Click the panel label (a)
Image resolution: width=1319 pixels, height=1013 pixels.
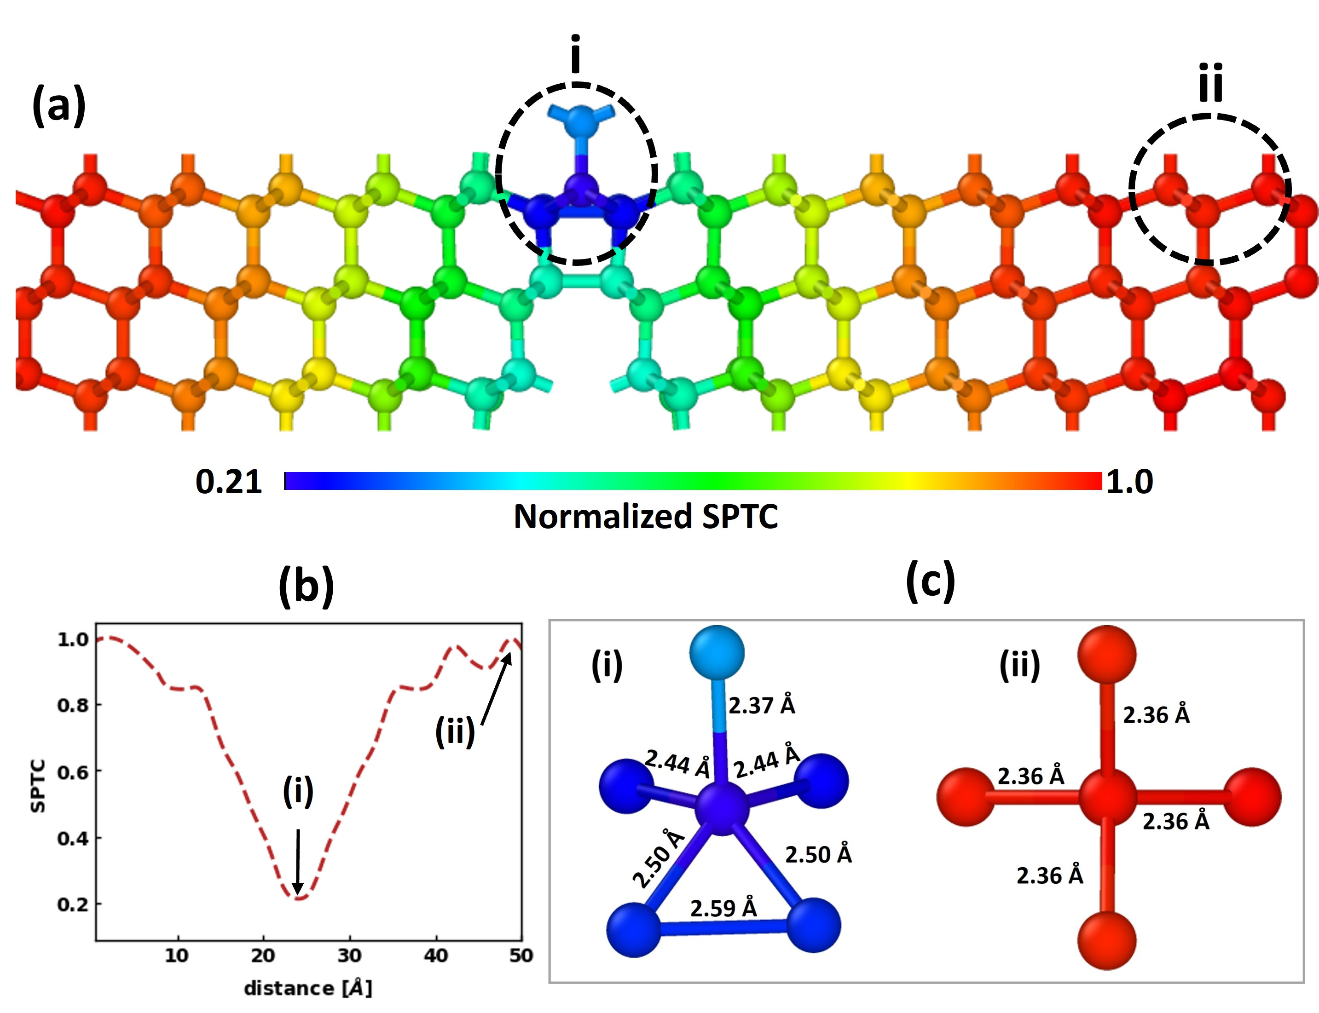(x=58, y=105)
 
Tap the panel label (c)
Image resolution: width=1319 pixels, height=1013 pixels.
(x=930, y=580)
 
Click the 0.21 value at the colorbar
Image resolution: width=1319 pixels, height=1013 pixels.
(x=229, y=482)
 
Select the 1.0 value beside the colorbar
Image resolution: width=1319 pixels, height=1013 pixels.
(x=1129, y=482)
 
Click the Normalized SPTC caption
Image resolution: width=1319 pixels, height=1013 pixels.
(x=645, y=517)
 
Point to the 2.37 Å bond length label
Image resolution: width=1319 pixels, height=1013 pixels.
(x=761, y=705)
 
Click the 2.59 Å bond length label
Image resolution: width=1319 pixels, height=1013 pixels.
(x=723, y=908)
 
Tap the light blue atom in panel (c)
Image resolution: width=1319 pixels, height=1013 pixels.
(x=717, y=652)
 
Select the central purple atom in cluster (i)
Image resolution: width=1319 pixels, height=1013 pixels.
(x=722, y=808)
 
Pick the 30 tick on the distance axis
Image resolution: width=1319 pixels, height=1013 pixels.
(x=349, y=955)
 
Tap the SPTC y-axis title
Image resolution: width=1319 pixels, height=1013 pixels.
(x=37, y=786)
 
